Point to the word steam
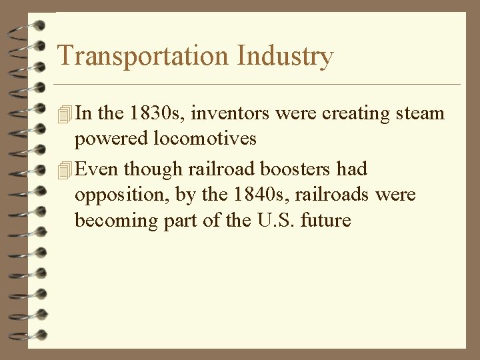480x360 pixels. pyautogui.click(x=418, y=113)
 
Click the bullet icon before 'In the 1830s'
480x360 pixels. pyautogui.click(x=64, y=114)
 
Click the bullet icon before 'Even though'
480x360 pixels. pyautogui.click(x=64, y=170)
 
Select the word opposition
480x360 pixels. pyautogui.click(x=113, y=195)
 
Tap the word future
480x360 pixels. pyautogui.click(x=327, y=220)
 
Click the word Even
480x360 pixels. pyautogui.click(x=99, y=169)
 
